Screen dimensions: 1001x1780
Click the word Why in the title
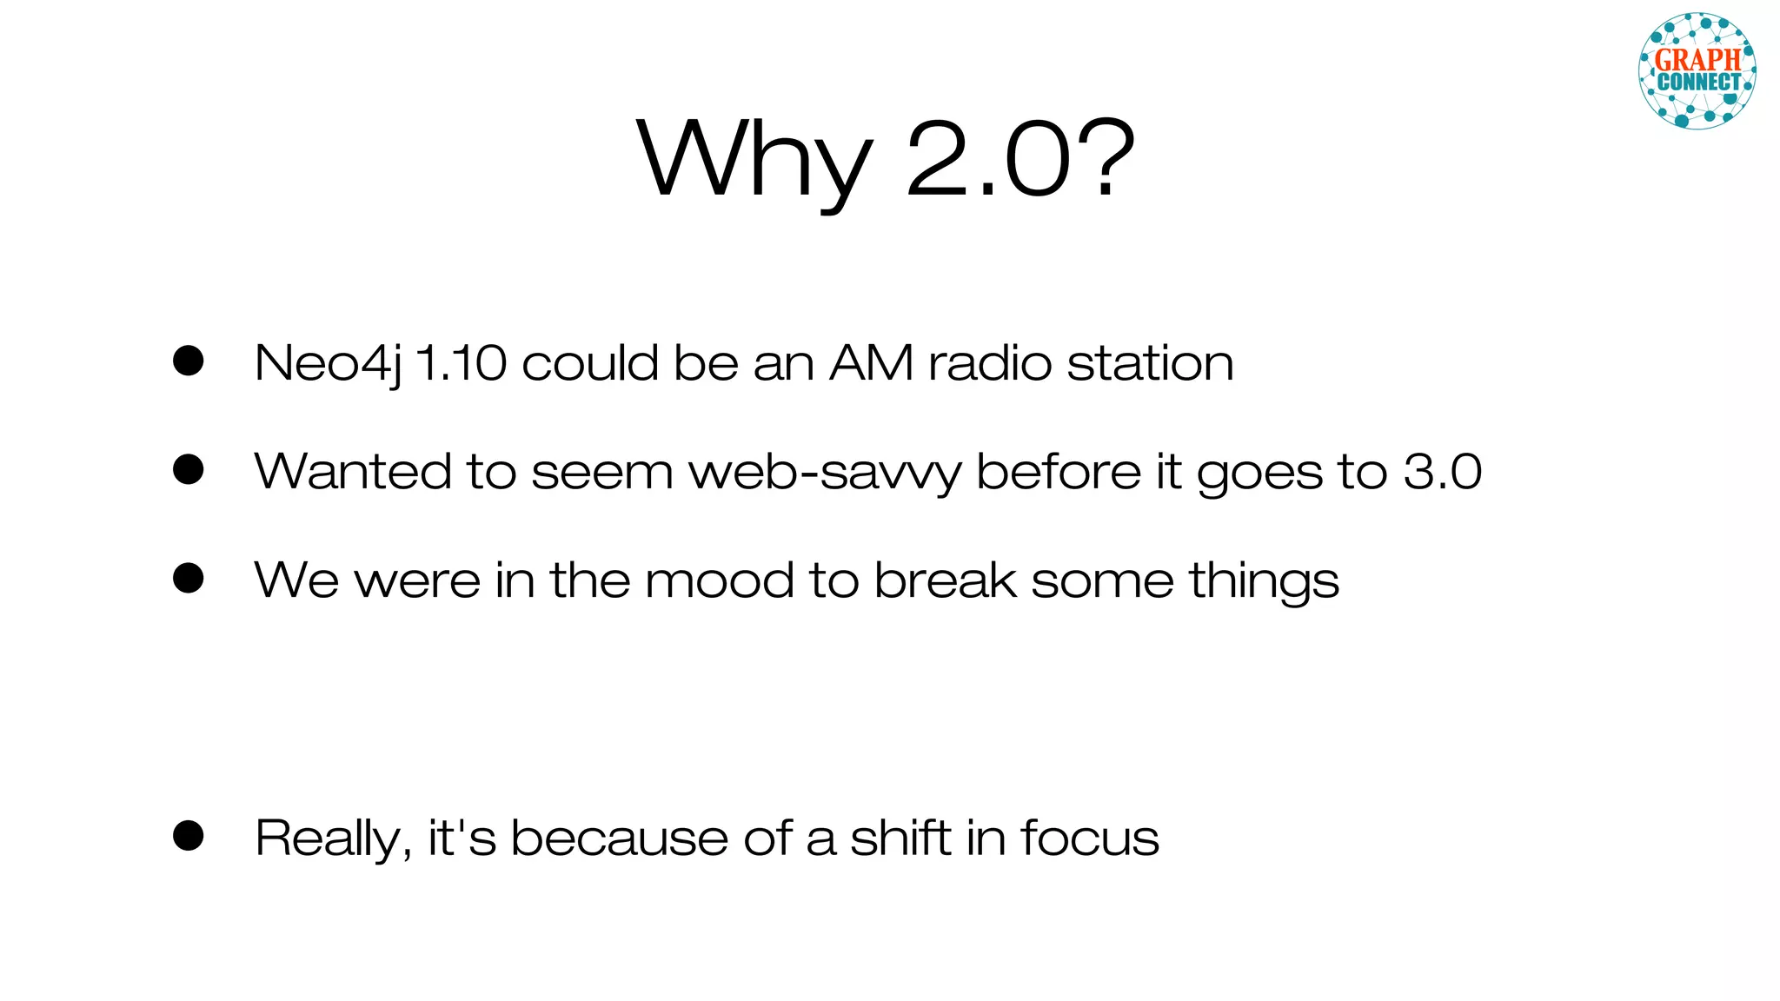pyautogui.click(x=754, y=161)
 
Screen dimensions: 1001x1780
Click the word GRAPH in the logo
pyautogui.click(x=1697, y=60)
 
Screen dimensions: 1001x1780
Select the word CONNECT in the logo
pyautogui.click(x=1699, y=83)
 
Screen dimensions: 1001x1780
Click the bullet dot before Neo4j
pyautogui.click(x=188, y=361)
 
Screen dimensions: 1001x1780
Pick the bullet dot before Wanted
pyautogui.click(x=188, y=469)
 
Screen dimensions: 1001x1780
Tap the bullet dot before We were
pyautogui.click(x=188, y=578)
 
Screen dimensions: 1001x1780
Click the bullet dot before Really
pyautogui.click(x=188, y=836)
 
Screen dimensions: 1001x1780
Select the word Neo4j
pyautogui.click(x=328, y=363)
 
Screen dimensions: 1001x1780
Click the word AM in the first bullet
pyautogui.click(x=872, y=362)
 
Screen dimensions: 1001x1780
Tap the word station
pyautogui.click(x=1150, y=362)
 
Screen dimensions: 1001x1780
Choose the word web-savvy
pyautogui.click(x=825, y=472)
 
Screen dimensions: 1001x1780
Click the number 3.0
pyautogui.click(x=1442, y=471)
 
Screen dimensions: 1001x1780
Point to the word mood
pyautogui.click(x=719, y=580)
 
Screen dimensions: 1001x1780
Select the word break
pyautogui.click(x=945, y=580)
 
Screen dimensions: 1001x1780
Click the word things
pyautogui.click(x=1264, y=581)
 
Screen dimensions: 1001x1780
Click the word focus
pyautogui.click(x=1089, y=838)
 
